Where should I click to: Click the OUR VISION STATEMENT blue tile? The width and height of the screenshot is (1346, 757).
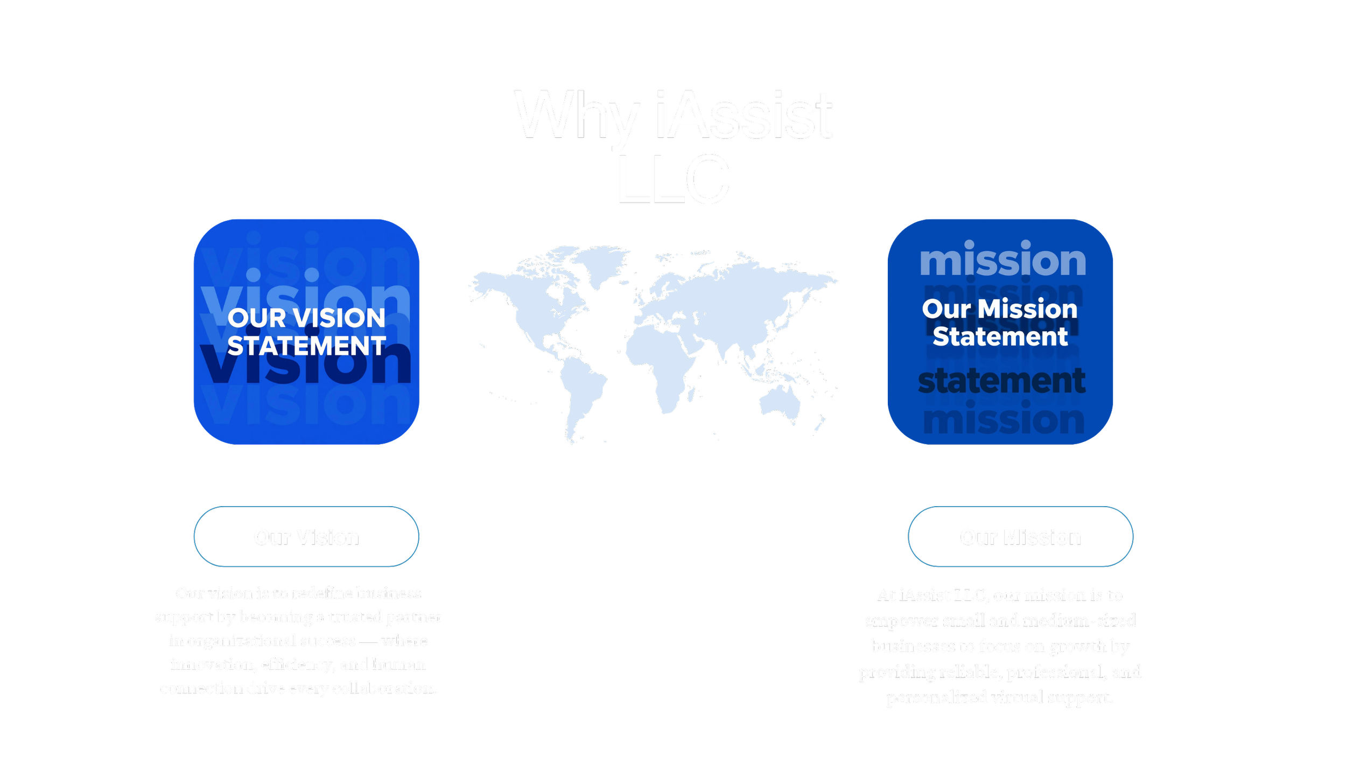tap(306, 332)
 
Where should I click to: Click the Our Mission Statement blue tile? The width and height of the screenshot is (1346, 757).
tap(1000, 332)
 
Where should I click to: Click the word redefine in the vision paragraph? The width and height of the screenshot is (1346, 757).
tap(323, 593)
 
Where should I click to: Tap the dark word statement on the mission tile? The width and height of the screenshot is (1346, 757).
tap(1001, 381)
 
